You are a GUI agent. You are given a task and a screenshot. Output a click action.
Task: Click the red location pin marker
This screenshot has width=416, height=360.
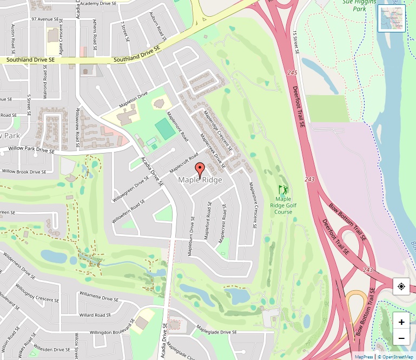pos(199,169)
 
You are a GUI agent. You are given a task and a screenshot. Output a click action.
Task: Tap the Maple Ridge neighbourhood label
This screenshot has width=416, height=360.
pos(200,180)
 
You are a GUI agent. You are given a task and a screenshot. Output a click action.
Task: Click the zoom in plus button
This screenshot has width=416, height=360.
pos(401,322)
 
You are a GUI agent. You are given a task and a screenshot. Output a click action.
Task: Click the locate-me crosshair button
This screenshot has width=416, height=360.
pos(401,286)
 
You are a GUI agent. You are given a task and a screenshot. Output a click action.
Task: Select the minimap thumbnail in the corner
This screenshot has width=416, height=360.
pos(391,18)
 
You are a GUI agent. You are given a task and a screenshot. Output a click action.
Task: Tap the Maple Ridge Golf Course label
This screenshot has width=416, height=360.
pos(283,205)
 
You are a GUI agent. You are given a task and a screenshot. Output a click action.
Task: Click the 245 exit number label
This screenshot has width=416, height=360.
pos(293,73)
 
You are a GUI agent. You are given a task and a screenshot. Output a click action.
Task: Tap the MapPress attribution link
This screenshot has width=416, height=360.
pos(364,357)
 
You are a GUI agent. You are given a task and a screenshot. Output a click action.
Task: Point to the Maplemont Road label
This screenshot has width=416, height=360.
pos(177,127)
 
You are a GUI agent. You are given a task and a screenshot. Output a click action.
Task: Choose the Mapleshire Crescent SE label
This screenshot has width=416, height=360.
pos(252,205)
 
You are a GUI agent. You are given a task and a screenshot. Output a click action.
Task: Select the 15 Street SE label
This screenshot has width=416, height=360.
pos(296,42)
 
